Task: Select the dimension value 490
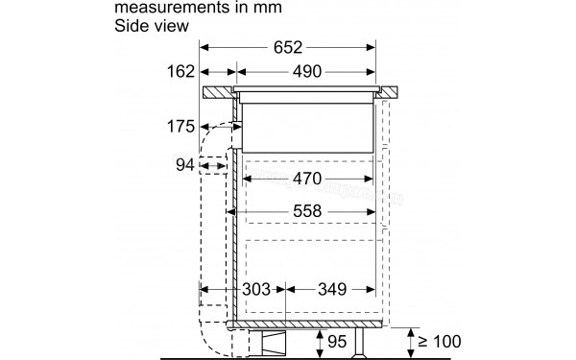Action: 301,72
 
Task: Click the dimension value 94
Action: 184,166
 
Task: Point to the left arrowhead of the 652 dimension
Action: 206,45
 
